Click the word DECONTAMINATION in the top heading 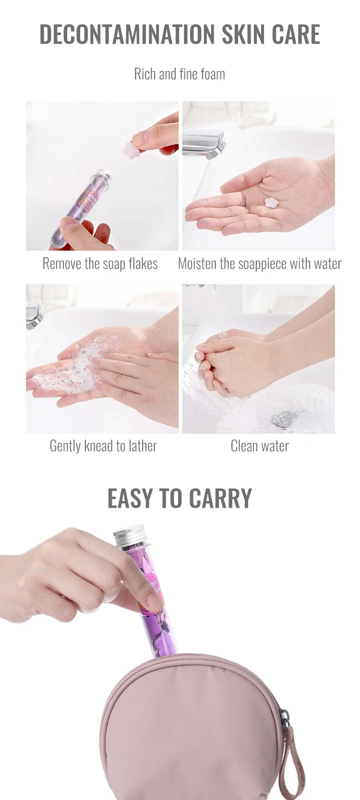127,34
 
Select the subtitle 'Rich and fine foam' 180,74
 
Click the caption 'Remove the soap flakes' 100,263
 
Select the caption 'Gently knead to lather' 103,446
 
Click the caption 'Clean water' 260,446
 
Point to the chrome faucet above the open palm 204,143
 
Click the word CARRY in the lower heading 220,498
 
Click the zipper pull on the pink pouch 285,730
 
